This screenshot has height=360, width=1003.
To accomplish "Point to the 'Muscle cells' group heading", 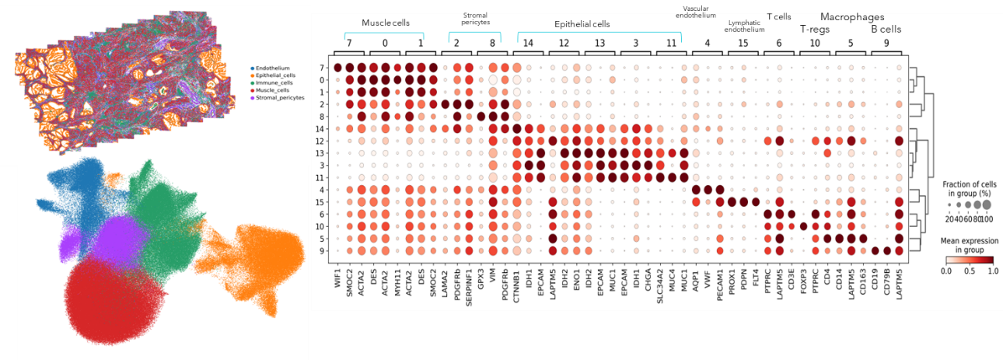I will pos(386,23).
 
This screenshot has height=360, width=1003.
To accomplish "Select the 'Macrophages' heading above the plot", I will pos(852,16).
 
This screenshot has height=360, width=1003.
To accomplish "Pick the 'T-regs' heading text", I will pos(815,30).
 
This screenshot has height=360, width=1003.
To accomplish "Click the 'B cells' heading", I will pos(886,30).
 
